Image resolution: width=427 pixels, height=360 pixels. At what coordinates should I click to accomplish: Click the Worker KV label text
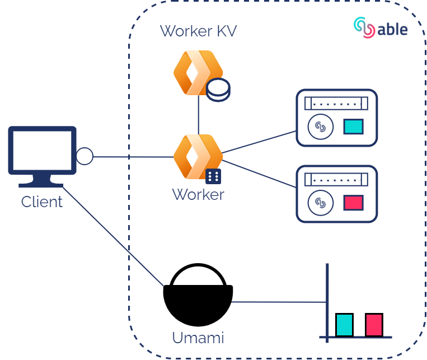pos(198,31)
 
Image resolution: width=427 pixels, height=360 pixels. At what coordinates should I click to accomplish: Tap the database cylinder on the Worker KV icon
pos(218,90)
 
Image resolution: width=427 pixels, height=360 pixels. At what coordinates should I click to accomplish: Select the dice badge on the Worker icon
pos(213,176)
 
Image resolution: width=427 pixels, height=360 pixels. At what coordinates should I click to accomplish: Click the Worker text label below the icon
pos(198,195)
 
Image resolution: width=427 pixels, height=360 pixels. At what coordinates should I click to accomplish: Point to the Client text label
pos(42,202)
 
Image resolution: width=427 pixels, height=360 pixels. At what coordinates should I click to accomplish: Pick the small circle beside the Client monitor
pos(85,156)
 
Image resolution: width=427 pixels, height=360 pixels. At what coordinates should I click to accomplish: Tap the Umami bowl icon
pos(198,297)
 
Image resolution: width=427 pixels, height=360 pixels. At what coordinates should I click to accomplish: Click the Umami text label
pos(198,338)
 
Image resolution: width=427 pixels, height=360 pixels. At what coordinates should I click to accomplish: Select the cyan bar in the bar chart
pos(344,325)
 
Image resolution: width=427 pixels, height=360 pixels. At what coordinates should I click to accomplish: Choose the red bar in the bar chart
pos(374,325)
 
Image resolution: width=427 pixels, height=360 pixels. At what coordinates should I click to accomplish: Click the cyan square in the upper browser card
pos(353,127)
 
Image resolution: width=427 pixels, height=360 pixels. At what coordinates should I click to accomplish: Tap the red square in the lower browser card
pos(353,203)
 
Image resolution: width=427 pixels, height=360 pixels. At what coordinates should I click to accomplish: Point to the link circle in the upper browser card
pos(321,127)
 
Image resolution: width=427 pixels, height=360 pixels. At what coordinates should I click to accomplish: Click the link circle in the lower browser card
pos(321,203)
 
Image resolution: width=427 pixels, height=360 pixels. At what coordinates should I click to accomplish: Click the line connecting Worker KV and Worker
pos(199,115)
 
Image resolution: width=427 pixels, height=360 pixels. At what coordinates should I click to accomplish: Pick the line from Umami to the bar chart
pos(280,302)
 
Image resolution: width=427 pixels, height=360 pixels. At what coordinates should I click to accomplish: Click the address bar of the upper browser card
pos(336,104)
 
